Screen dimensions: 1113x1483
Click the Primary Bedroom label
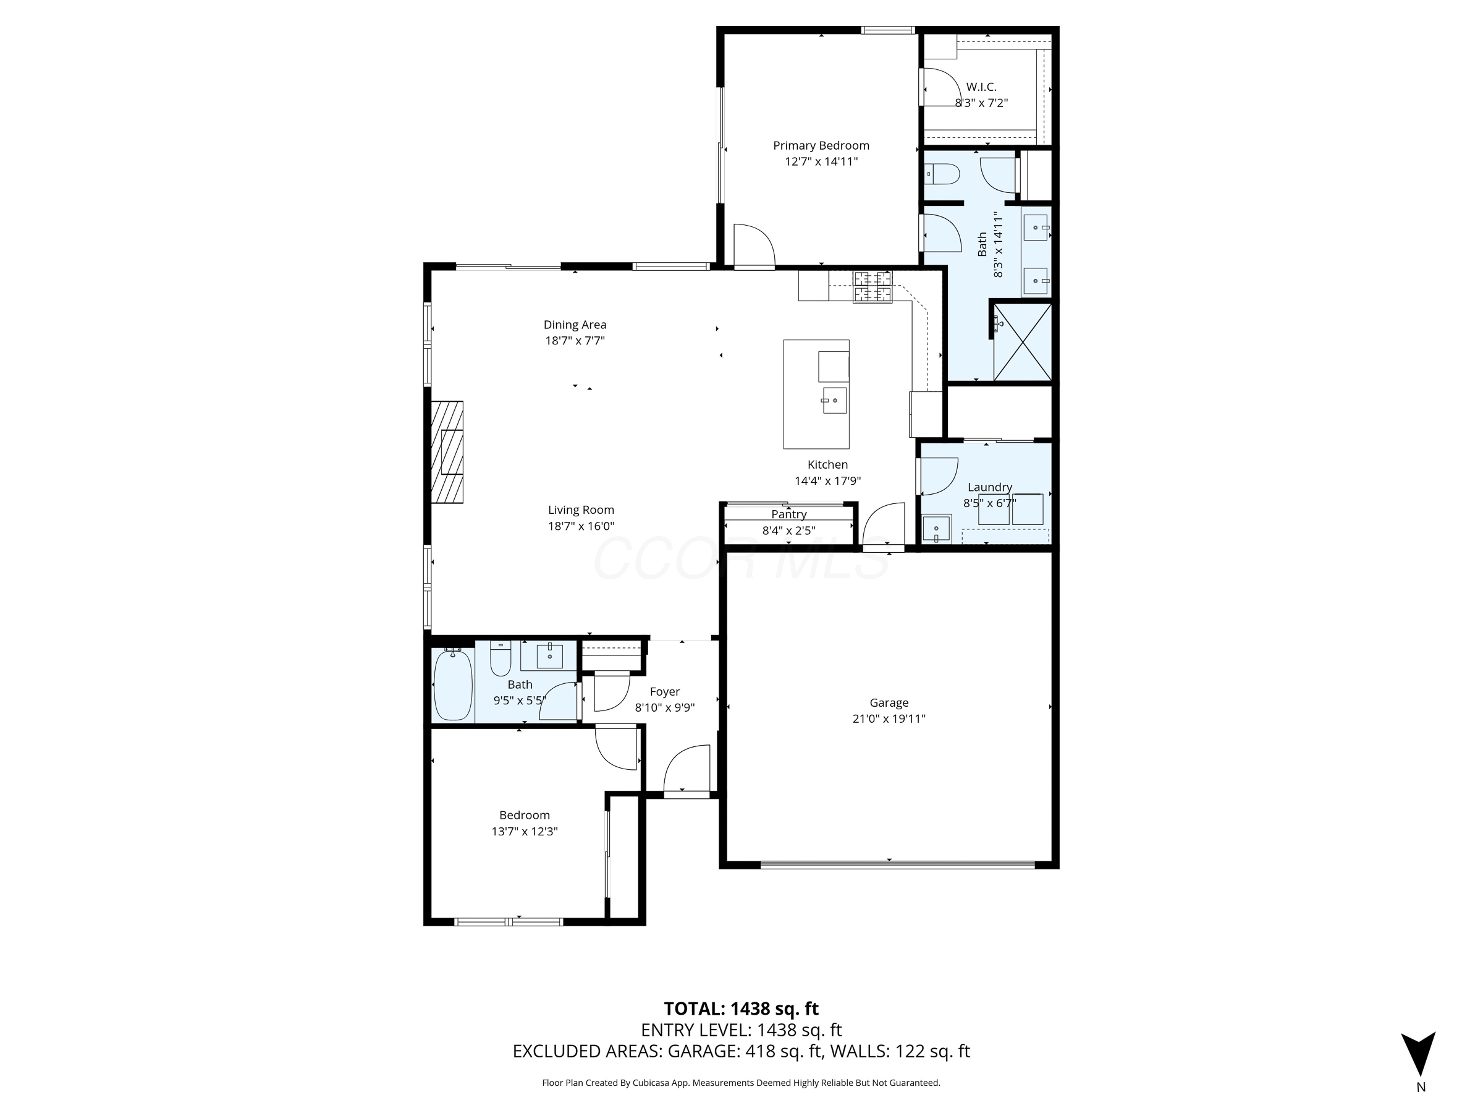tap(821, 145)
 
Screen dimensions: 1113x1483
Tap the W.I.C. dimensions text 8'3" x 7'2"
tap(981, 103)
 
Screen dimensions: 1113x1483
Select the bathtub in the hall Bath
tap(452, 684)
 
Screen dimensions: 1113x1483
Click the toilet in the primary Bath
tap(941, 174)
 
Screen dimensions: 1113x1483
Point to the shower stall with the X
tap(1022, 342)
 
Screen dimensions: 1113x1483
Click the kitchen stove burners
tap(872, 286)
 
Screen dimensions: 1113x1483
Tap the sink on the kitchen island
tap(834, 400)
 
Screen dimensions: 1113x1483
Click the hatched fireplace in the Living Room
tap(447, 451)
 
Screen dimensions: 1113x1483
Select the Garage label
tap(889, 702)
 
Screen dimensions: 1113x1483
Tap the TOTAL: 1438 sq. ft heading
tap(741, 1009)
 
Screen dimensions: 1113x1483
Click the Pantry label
tap(788, 514)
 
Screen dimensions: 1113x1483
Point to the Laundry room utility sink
tap(937, 529)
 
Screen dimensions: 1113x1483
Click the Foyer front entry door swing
tap(688, 769)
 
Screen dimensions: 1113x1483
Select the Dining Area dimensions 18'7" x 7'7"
tap(575, 341)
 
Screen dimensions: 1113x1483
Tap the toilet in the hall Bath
tap(500, 659)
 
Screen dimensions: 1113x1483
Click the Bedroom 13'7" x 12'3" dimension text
tap(524, 831)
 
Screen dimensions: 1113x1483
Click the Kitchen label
tap(827, 464)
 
